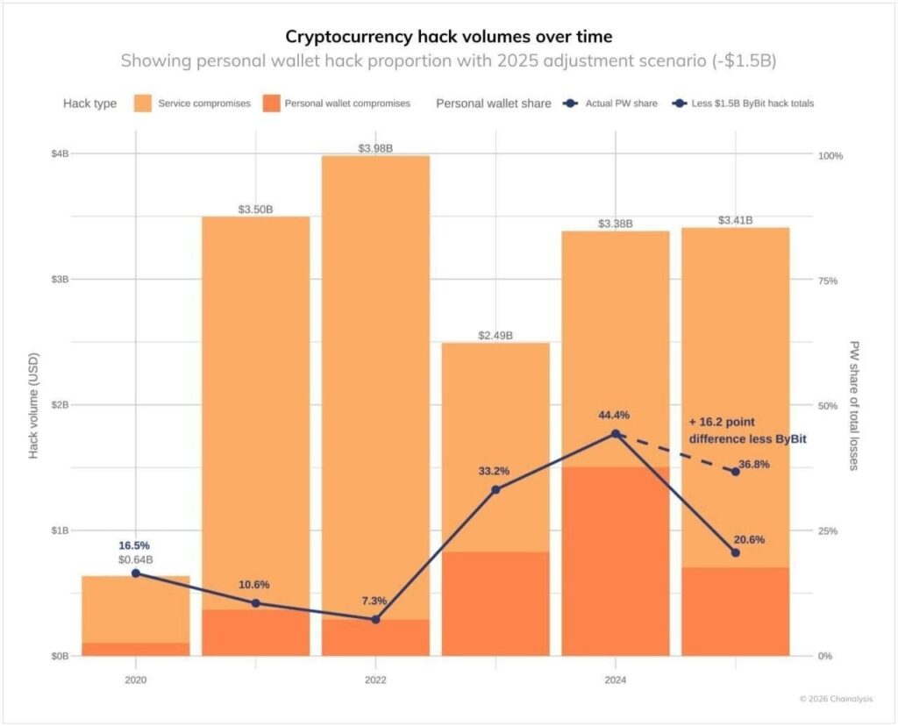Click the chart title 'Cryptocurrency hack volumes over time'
[x=448, y=36]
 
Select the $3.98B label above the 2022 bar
[x=375, y=148]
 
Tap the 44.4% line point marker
[x=616, y=434]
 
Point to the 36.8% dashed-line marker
[x=735, y=472]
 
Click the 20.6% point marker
[x=735, y=552]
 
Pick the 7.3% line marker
[x=375, y=619]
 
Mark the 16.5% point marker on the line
[x=136, y=573]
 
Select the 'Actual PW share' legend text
[x=623, y=103]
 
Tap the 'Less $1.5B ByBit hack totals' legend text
[x=754, y=103]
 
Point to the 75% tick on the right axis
[x=830, y=281]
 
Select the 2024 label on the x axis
[x=616, y=679]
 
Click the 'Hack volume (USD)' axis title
[x=34, y=405]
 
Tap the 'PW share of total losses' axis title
[x=855, y=405]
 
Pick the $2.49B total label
[x=495, y=336]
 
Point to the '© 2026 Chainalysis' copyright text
[x=836, y=699]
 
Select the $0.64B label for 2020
[x=136, y=559]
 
